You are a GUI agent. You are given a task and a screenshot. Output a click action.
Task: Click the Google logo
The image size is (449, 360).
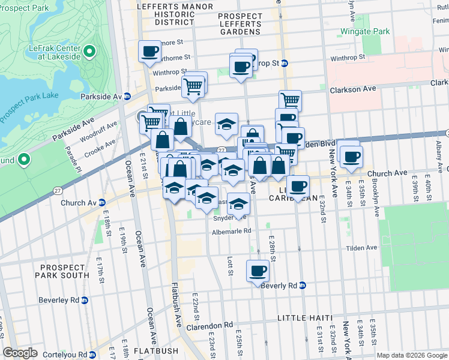coord(20,353)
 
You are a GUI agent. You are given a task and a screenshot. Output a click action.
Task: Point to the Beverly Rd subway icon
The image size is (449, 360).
coord(303,286)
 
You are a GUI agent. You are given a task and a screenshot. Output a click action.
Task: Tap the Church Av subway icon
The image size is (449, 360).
coord(102,203)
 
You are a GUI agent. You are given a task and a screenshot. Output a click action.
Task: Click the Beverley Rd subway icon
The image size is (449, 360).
coord(85,300)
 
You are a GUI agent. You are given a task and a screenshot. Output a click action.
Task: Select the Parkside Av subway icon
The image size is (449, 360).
coord(127,96)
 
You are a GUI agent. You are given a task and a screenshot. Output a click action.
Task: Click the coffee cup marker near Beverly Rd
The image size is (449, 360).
coord(258,271)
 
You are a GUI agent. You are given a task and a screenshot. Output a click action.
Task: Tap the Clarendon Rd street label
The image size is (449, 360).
coord(212,325)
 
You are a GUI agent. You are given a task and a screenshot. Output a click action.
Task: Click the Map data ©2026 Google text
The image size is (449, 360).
coord(411,355)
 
